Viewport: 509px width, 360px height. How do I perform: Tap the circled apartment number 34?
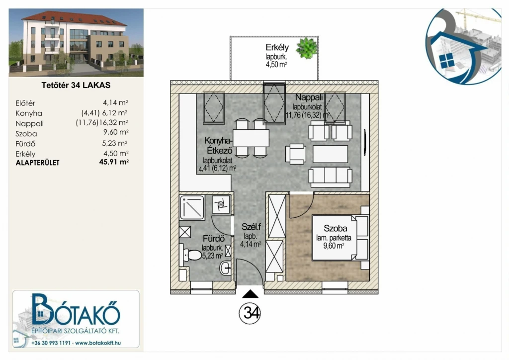pos(250,313)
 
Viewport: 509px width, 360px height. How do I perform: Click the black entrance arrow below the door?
pos(251,294)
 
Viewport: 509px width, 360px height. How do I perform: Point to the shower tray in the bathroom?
pos(192,207)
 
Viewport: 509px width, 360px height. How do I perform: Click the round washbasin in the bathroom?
pos(226,268)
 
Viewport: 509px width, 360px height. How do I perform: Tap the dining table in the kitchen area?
pos(251,138)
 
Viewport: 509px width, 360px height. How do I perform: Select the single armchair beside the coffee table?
pos(296,154)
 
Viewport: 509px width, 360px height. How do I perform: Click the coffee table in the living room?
pos(330,154)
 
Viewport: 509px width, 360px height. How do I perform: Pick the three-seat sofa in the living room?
pos(331,177)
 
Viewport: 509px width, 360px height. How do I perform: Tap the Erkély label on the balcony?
pos(277,47)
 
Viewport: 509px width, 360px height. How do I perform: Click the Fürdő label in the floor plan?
pos(214,239)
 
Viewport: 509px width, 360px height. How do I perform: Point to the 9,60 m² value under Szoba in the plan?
pos(334,246)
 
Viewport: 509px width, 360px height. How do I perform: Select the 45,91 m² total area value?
pos(114,162)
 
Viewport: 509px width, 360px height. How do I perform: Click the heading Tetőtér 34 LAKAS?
pos(76,86)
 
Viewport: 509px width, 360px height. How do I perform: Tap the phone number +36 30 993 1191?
pos(51,343)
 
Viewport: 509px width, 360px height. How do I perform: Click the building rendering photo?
pos(76,43)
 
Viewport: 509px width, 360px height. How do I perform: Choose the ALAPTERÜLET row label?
pos(38,163)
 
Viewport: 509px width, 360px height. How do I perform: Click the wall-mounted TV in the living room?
pos(365,143)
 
